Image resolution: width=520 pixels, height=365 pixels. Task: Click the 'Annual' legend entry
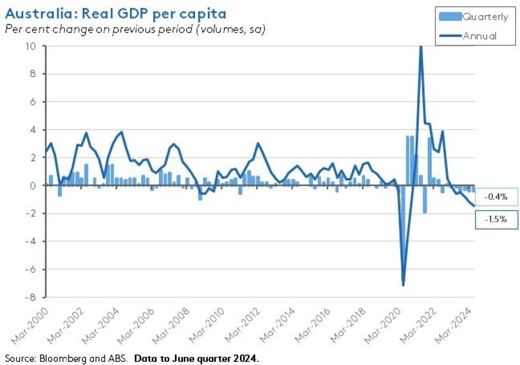[x=479, y=37]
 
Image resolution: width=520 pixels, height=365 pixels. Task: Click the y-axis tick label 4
[x=33, y=129]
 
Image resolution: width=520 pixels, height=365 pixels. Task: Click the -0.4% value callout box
[x=496, y=197]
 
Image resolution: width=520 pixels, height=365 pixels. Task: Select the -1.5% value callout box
[x=496, y=219]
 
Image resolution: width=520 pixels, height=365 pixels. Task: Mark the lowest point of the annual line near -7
[x=403, y=285]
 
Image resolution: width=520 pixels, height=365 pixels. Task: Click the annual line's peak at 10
[x=421, y=47]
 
